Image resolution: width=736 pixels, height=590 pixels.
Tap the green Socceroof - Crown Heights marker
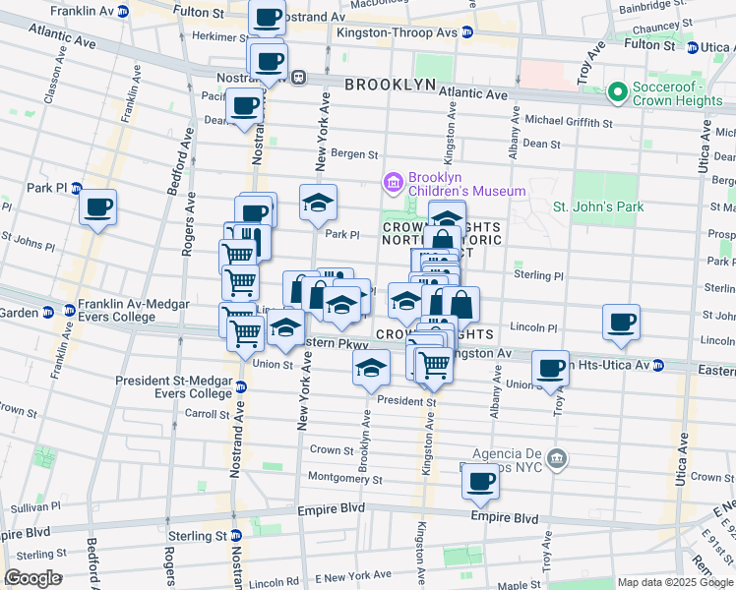click(x=618, y=92)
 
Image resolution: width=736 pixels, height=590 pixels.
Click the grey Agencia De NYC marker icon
click(x=557, y=458)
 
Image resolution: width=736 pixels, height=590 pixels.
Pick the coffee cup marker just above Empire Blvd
click(x=480, y=482)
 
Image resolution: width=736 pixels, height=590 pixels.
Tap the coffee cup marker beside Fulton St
click(x=267, y=18)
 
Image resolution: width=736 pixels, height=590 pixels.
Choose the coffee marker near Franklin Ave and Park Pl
click(x=97, y=207)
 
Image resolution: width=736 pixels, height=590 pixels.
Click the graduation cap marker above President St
click(x=370, y=368)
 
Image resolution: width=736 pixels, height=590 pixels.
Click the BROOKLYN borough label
click(x=390, y=86)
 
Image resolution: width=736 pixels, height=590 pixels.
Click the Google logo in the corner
click(x=32, y=578)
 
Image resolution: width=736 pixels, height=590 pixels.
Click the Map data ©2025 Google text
click(x=675, y=582)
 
